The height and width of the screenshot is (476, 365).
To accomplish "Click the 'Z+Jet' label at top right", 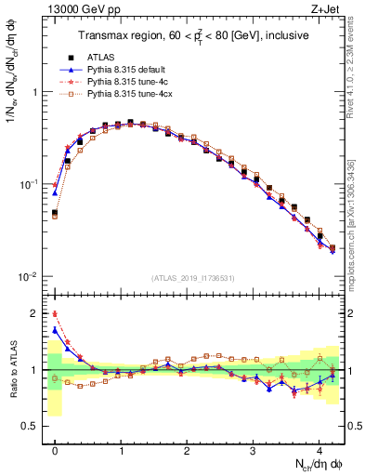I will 326,10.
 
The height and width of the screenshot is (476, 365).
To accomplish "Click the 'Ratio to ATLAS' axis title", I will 12,369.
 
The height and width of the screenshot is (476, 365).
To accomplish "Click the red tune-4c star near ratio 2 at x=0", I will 55,314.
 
